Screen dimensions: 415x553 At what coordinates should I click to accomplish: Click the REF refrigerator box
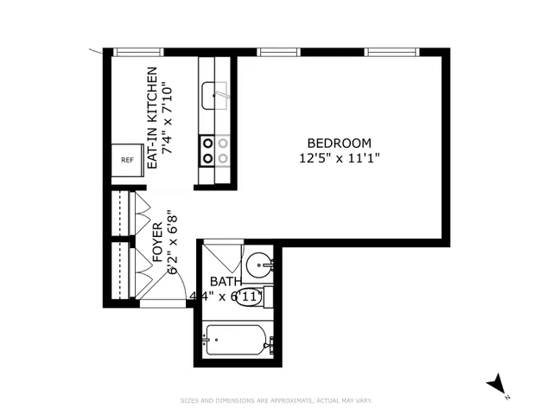[x=127, y=160]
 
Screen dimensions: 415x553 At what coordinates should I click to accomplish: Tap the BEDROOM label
[x=340, y=143]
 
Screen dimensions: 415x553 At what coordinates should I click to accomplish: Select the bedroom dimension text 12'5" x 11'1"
[x=340, y=157]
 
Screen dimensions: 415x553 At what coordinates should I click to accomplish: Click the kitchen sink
[x=214, y=95]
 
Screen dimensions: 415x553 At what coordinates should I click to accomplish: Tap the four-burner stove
[x=215, y=150]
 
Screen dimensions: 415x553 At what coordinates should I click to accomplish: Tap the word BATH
[x=226, y=282]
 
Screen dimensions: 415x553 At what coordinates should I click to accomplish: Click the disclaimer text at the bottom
[x=276, y=400]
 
